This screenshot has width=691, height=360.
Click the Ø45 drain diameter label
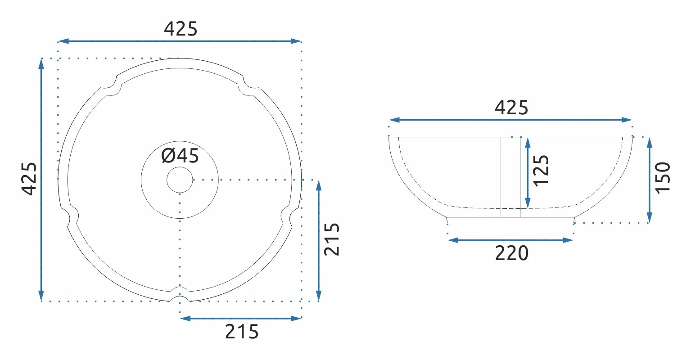[180, 156]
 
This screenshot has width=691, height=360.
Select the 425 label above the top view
[181, 29]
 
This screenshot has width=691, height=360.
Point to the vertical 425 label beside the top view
[29, 179]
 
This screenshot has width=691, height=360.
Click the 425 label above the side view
[511, 108]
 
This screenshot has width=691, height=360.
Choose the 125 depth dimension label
[541, 171]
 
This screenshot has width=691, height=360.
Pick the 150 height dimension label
[663, 178]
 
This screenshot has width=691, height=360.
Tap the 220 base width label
[511, 253]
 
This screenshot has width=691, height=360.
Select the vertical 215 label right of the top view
[332, 239]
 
